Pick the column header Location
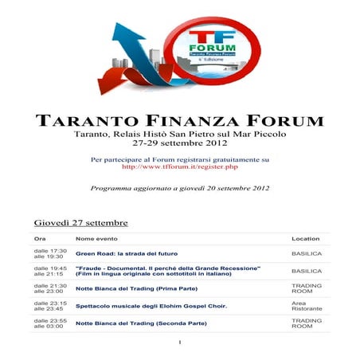[x=305, y=238]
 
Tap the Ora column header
[x=40, y=238]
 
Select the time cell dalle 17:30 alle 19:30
[x=50, y=253]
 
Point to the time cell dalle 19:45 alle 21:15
[x=50, y=271]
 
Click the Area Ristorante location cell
[x=305, y=305]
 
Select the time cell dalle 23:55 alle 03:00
[x=50, y=323]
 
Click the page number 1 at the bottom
[x=181, y=343]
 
